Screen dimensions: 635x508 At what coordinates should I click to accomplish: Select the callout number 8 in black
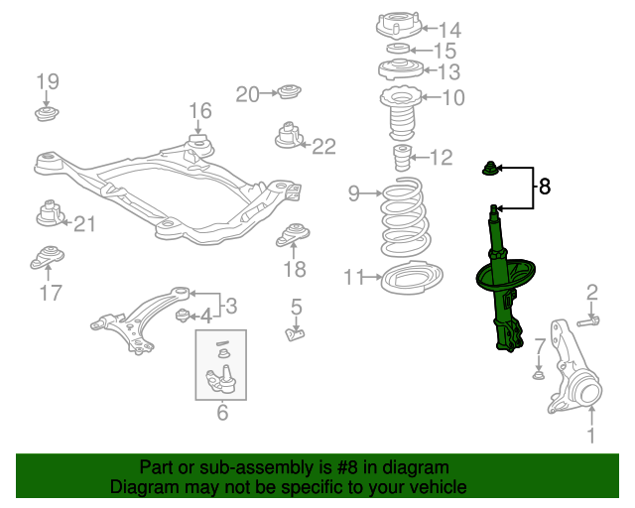[x=545, y=185]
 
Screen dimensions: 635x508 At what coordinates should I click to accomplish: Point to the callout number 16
[x=200, y=109]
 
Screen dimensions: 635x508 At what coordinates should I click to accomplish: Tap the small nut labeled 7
[x=538, y=375]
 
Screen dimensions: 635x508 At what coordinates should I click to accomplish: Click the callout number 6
[x=222, y=413]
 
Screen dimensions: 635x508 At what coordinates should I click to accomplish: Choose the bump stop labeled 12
[x=402, y=158]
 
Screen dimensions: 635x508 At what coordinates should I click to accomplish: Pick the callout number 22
[x=324, y=147]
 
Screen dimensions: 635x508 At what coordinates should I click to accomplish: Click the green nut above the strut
[x=489, y=170]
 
